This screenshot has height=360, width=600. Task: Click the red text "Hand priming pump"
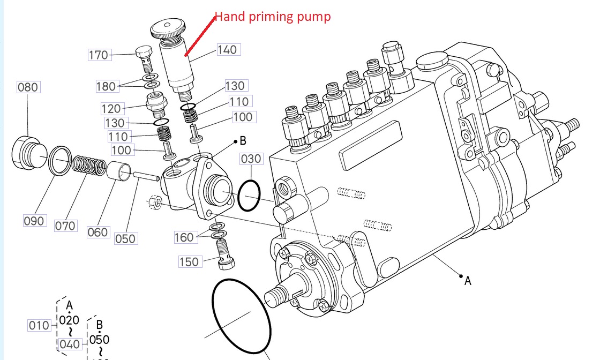pyautogui.click(x=273, y=17)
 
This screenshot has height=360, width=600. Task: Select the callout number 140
pyautogui.click(x=227, y=49)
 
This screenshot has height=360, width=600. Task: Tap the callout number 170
pyautogui.click(x=99, y=55)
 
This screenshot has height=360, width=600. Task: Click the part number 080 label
pyautogui.click(x=28, y=87)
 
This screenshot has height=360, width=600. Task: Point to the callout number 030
pyautogui.click(x=251, y=159)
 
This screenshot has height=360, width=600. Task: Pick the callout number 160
pyautogui.click(x=184, y=237)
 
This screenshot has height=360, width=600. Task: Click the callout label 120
pyautogui.click(x=111, y=109)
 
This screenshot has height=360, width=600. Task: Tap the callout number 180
pyautogui.click(x=106, y=86)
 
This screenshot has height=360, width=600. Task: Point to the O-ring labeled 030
pyautogui.click(x=249, y=196)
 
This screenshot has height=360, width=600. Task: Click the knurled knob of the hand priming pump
pyautogui.click(x=168, y=28)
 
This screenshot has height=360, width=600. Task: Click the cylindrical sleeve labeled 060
pyautogui.click(x=121, y=171)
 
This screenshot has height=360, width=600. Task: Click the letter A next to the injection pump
pyautogui.click(x=468, y=280)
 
